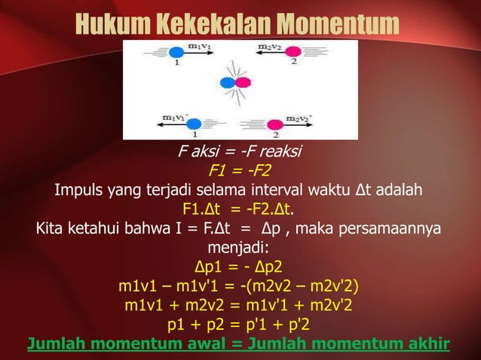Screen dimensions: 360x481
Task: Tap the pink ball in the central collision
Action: (244, 83)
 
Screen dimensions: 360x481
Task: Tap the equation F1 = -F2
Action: (240, 169)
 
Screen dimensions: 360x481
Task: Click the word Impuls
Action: (80, 188)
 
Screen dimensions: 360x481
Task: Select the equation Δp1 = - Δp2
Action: (240, 266)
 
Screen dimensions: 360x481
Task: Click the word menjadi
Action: (240, 246)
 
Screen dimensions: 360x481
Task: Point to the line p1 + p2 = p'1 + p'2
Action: (240, 325)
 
